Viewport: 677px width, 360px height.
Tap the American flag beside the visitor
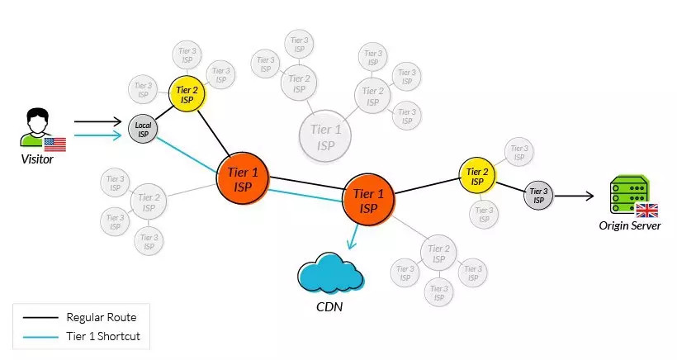point(55,145)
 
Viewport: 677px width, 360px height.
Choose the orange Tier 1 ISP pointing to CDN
point(368,198)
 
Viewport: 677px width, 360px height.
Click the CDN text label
point(330,307)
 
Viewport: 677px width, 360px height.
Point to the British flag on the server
point(646,210)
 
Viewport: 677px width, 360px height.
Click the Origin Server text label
point(629,225)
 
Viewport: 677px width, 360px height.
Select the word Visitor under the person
point(37,159)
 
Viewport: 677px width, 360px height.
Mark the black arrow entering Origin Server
point(589,196)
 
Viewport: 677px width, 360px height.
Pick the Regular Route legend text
point(101,317)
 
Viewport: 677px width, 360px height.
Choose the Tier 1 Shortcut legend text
point(104,336)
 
